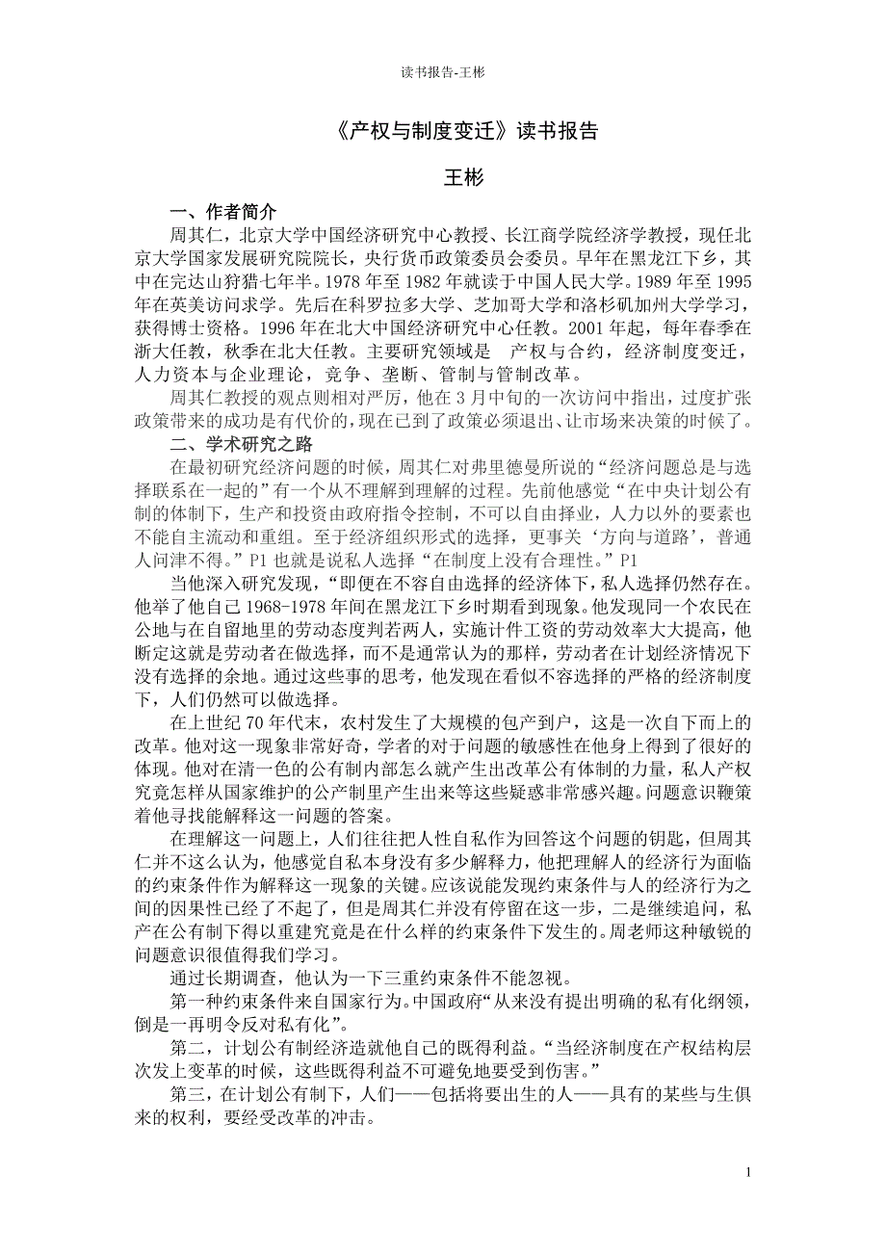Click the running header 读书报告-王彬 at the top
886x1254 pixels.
[442, 72]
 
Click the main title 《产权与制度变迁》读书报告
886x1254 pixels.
[442, 131]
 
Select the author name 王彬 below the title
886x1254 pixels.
[442, 178]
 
